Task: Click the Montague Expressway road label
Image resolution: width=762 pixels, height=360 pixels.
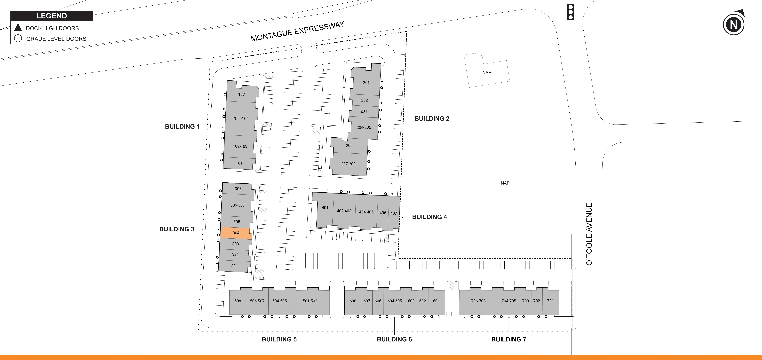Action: (297, 31)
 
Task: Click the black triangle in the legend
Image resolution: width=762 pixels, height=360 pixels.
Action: (18, 28)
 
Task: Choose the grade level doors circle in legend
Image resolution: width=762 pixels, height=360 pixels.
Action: (18, 39)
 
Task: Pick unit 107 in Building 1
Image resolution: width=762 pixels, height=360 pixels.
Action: (241, 94)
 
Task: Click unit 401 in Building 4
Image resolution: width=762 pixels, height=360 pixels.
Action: (325, 208)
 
